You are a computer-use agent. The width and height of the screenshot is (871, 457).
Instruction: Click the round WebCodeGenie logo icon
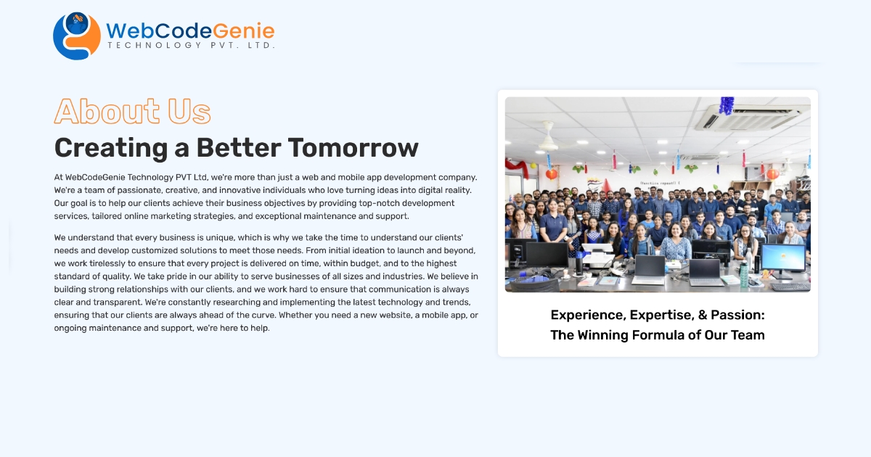click(x=76, y=36)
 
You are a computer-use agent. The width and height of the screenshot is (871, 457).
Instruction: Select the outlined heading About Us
click(x=132, y=112)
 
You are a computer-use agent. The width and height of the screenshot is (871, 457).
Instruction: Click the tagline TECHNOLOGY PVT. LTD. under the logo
click(x=191, y=46)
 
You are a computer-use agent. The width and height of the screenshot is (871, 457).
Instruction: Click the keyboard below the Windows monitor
click(x=788, y=286)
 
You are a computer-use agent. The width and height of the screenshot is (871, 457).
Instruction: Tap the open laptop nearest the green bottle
click(x=705, y=271)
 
